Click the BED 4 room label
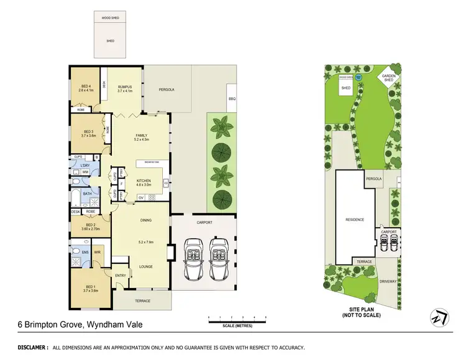point(86,87)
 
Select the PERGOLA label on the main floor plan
point(165,89)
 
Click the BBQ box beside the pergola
point(232,99)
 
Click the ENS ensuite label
point(76,252)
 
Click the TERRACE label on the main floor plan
point(142,300)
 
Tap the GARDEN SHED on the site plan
point(390,78)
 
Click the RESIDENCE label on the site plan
point(355,219)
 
